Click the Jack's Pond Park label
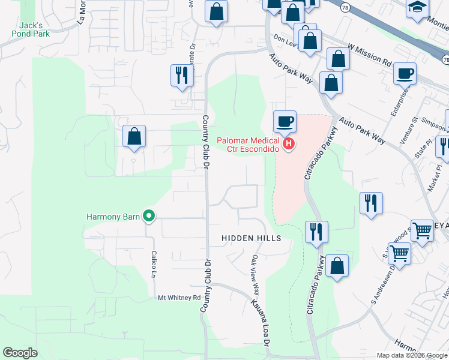tap(30, 29)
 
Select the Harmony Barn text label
tap(113, 217)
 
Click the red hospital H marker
tap(289, 144)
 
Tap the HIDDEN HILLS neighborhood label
tap(251, 238)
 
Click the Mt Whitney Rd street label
tap(179, 298)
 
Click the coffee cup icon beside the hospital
tap(285, 122)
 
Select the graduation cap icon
tap(417, 8)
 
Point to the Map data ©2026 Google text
tap(411, 355)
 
